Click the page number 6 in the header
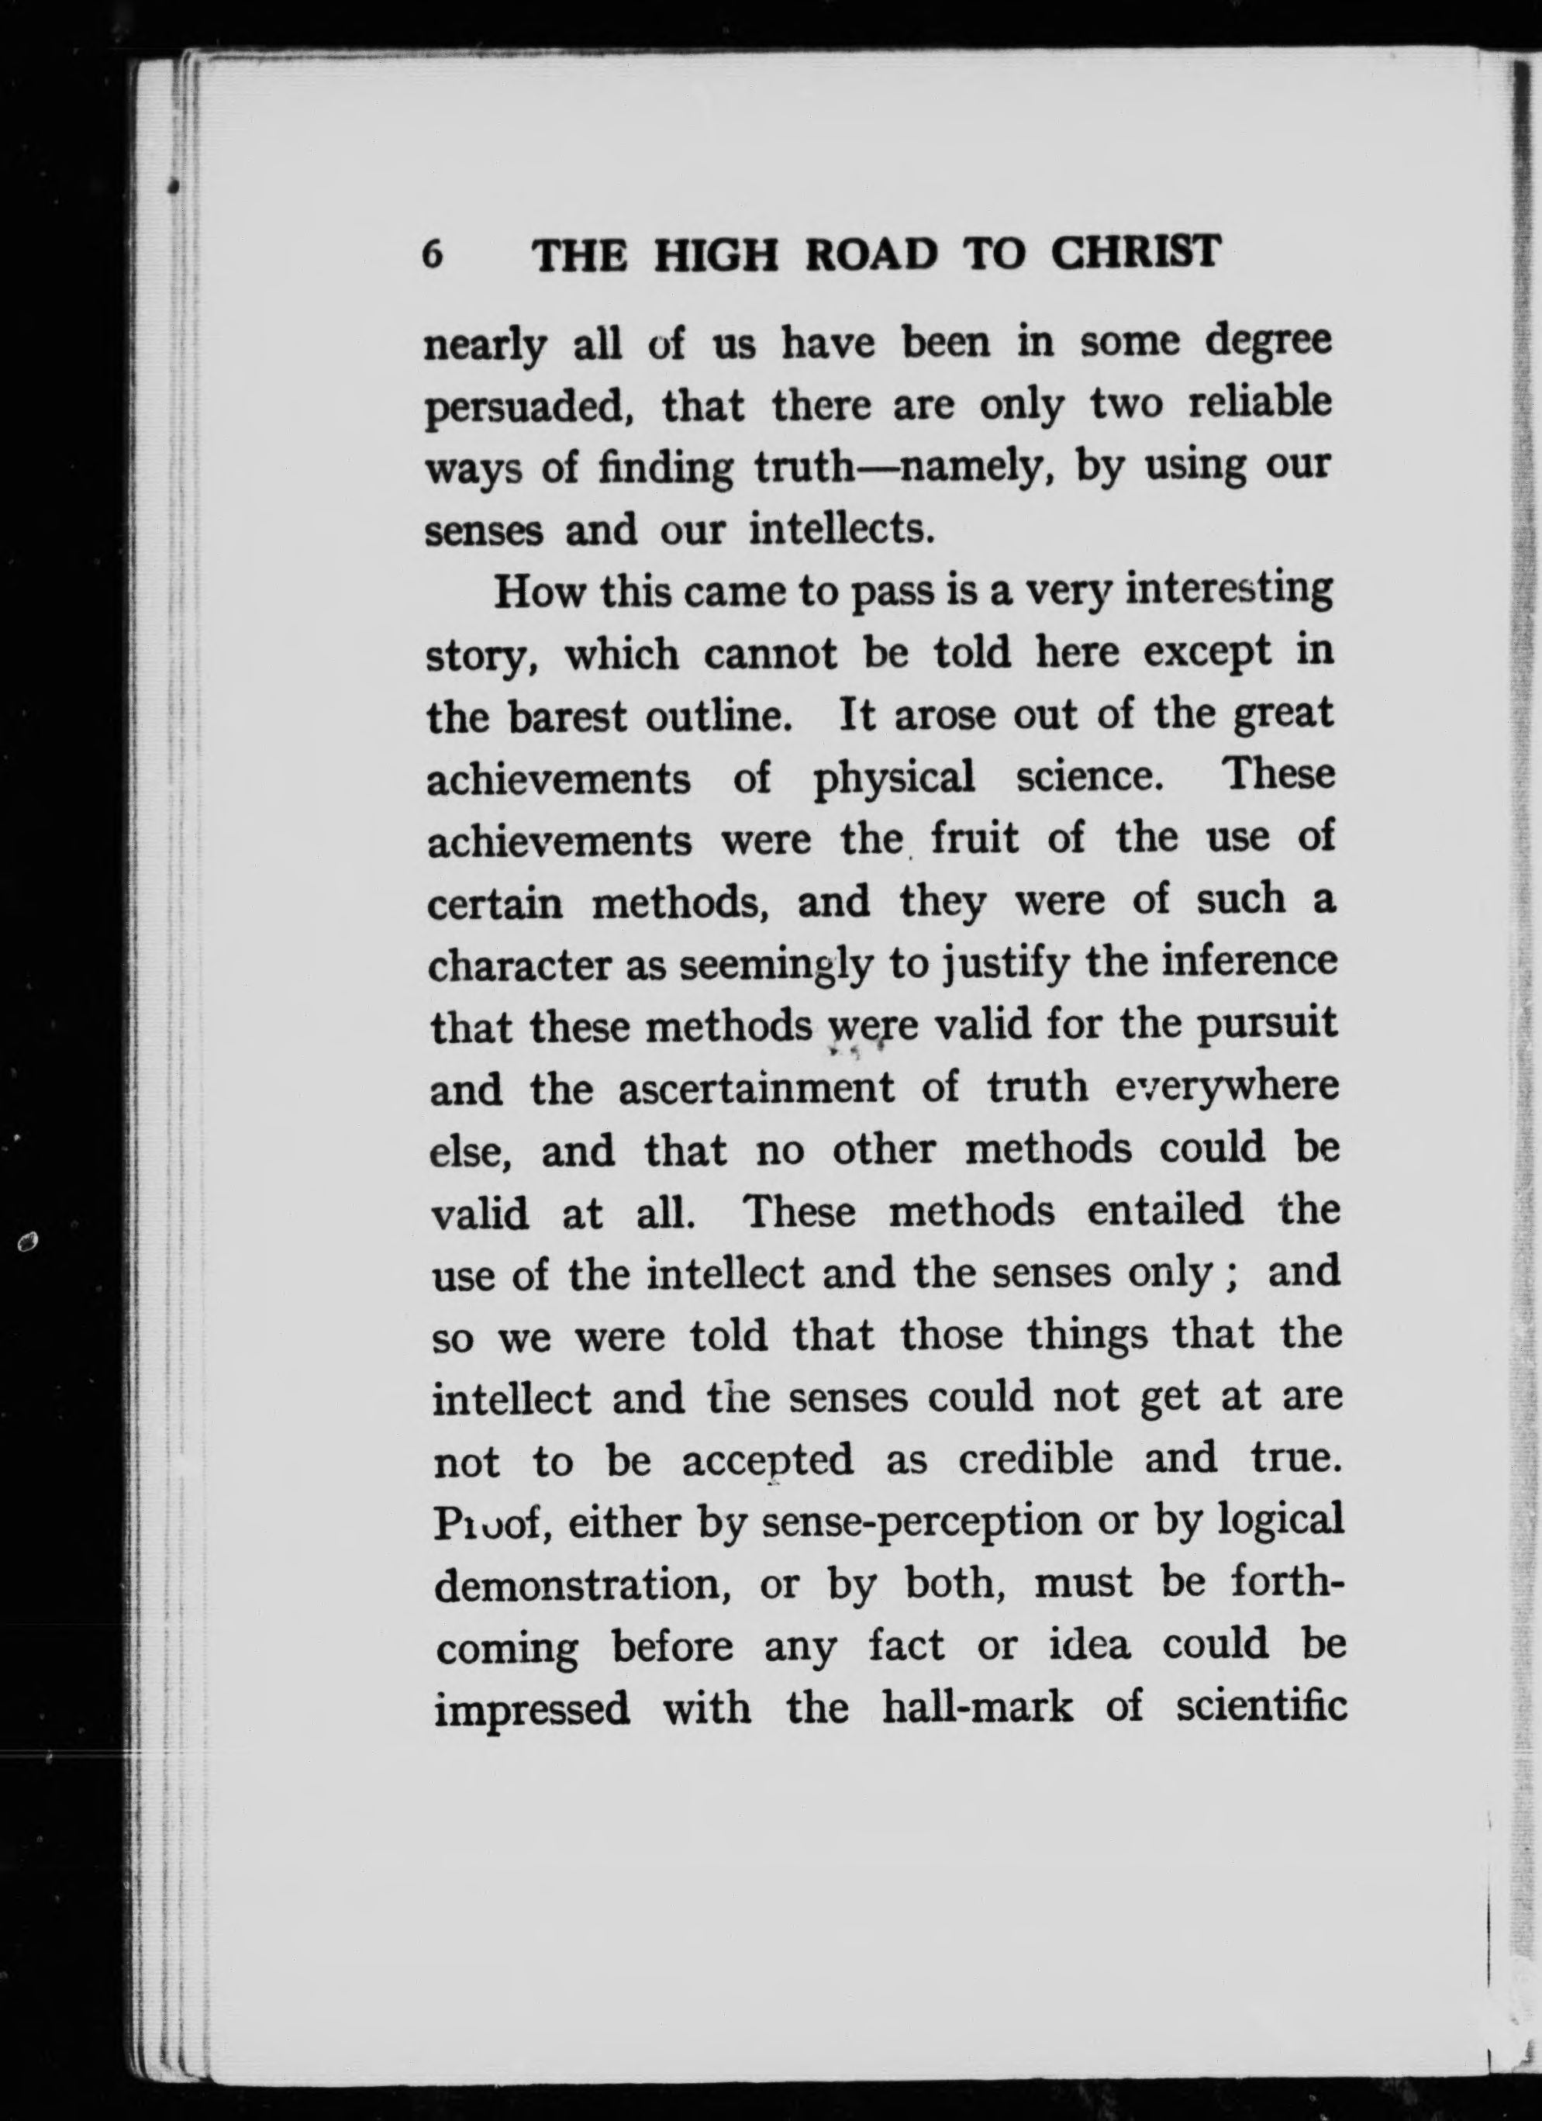(431, 254)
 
